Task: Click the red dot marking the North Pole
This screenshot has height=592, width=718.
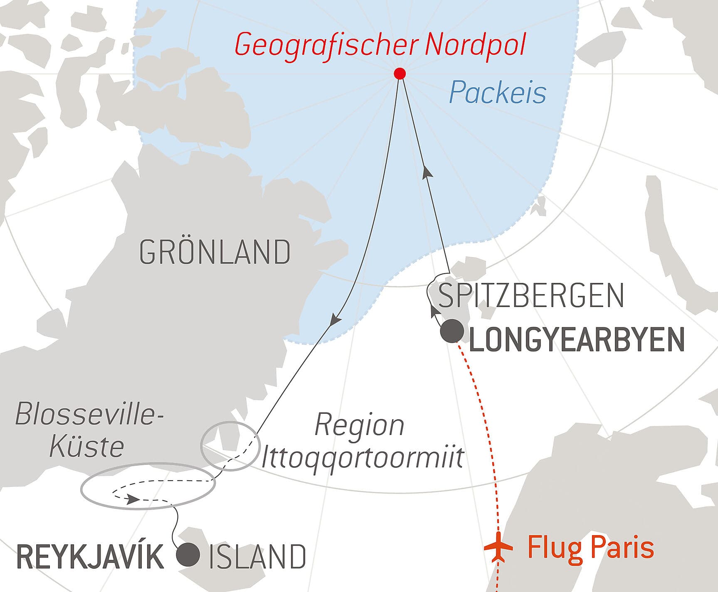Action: (x=399, y=74)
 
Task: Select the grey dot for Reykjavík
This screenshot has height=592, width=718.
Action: (x=188, y=554)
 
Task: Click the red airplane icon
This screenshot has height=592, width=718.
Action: (x=498, y=547)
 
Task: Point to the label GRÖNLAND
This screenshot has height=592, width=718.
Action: (x=215, y=252)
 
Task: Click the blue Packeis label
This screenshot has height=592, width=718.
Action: (x=497, y=93)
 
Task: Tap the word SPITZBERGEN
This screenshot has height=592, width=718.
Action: (x=531, y=296)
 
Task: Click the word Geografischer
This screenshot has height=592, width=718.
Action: (x=326, y=45)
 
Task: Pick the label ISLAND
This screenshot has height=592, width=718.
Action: (x=257, y=557)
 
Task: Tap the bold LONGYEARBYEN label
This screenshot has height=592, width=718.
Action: (x=577, y=340)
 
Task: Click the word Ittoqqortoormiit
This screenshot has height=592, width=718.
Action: (x=362, y=458)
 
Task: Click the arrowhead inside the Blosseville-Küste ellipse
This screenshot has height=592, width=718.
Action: (x=132, y=499)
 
